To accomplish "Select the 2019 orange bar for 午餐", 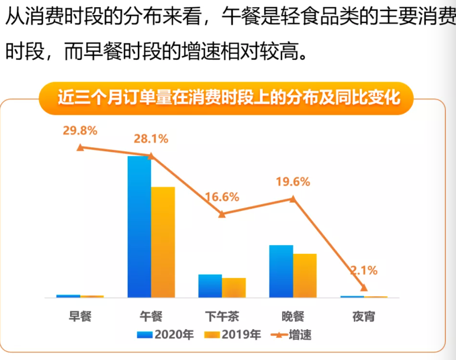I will (x=163, y=242).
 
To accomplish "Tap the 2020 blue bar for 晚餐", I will (x=281, y=271).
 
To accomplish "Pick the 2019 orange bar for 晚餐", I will (x=305, y=275).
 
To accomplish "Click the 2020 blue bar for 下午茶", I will (x=210, y=285).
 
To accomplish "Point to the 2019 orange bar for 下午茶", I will (x=234, y=287).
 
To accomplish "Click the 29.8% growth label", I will (x=80, y=131).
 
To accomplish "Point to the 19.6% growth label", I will (x=293, y=182).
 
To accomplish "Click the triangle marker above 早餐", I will (x=80, y=147).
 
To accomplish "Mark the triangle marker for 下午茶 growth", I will (x=222, y=214).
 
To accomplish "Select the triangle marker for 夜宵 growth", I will (x=364, y=287).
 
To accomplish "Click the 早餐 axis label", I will (x=80, y=317).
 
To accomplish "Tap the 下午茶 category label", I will (x=222, y=317).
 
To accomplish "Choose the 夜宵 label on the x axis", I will (x=364, y=317).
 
